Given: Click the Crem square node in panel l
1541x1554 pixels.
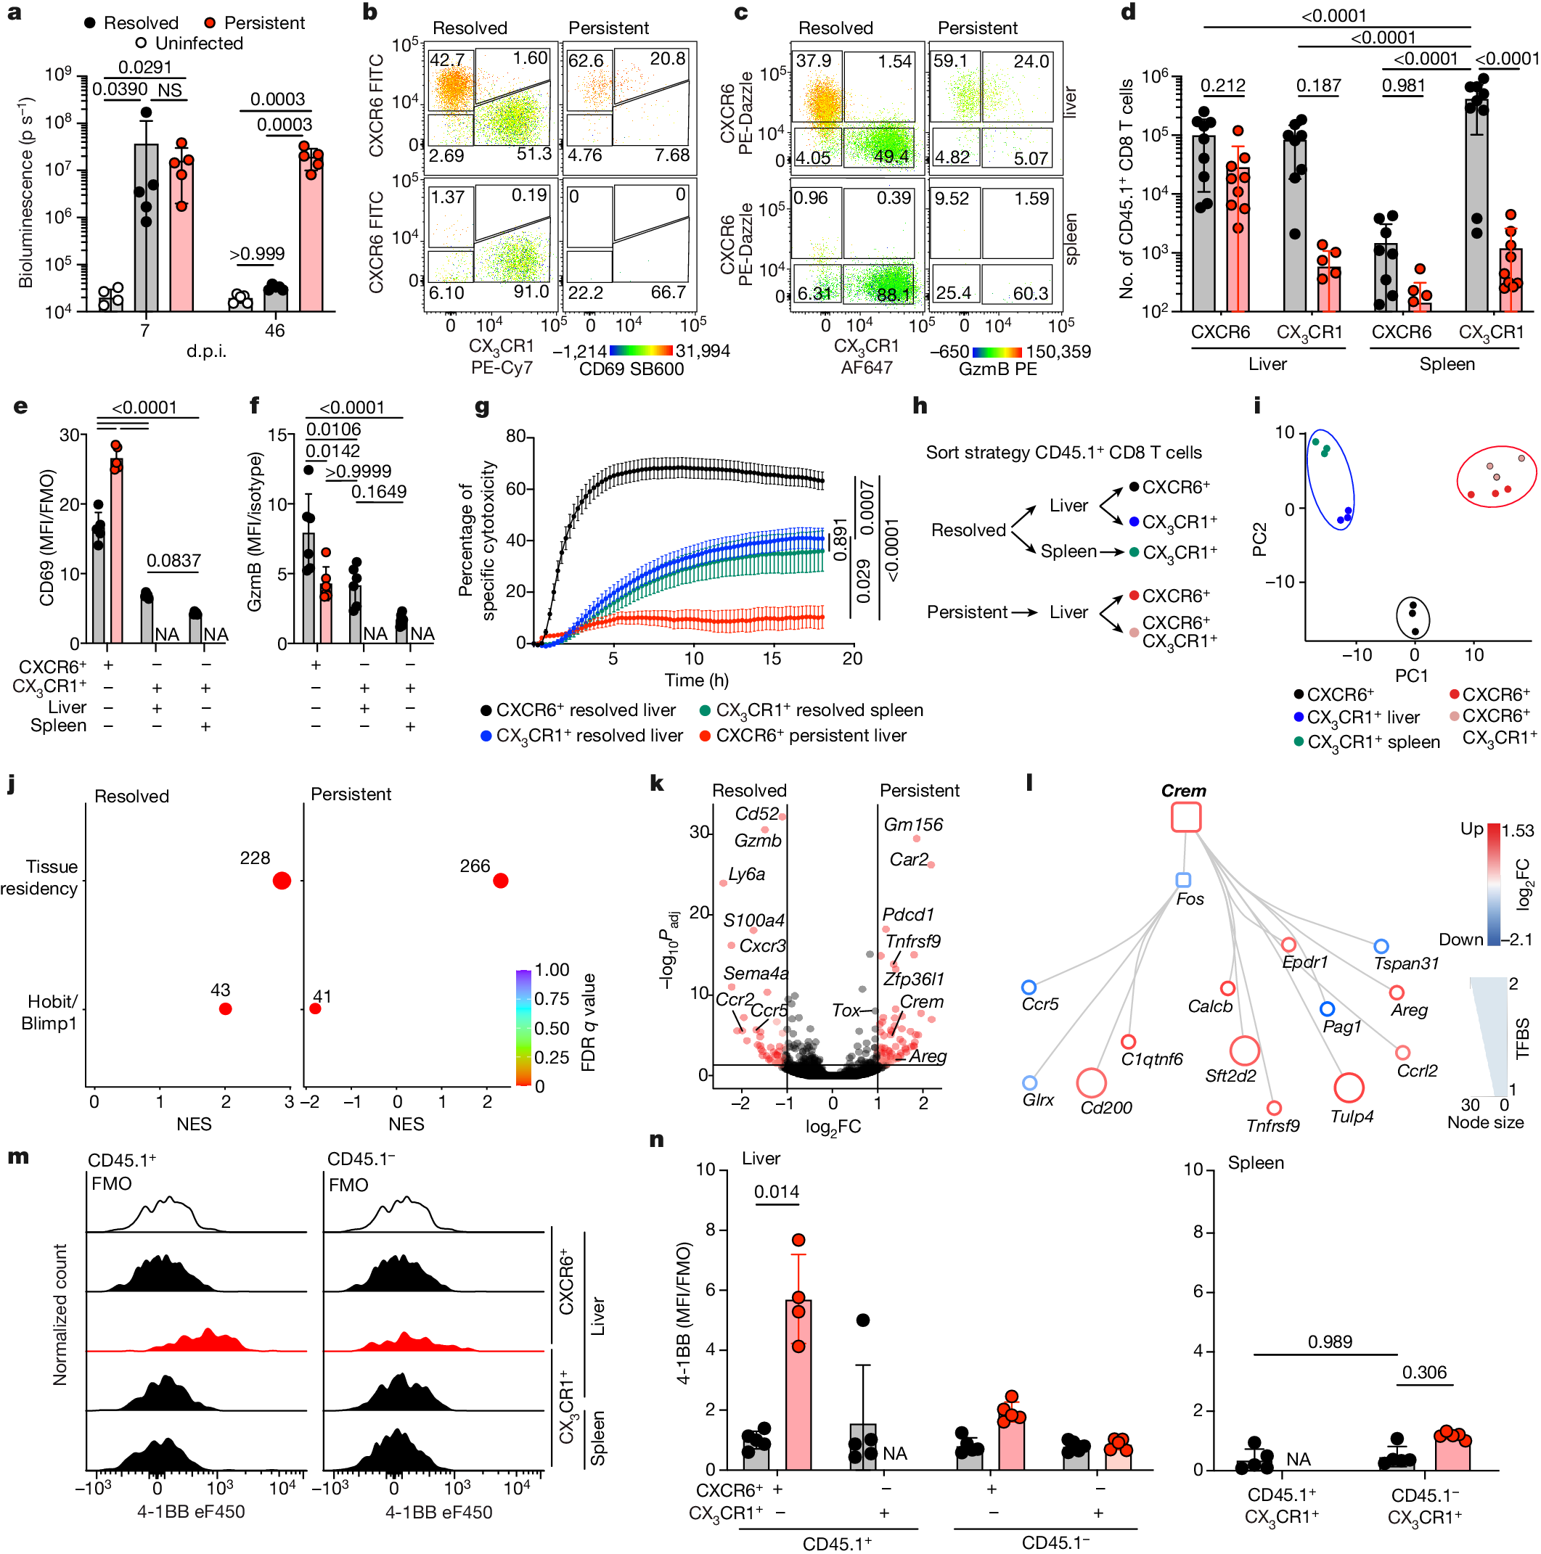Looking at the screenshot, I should coord(1185,816).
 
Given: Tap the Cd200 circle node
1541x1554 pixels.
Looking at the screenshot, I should coord(1090,1082).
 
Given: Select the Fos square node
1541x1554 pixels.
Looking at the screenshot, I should coord(1182,879).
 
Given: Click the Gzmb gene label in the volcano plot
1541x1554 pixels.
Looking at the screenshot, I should coord(757,841).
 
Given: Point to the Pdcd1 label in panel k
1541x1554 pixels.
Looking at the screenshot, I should coord(908,915).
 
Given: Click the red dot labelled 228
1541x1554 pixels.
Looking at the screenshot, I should coord(282,881).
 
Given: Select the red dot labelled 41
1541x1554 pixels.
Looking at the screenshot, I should coord(316,1008).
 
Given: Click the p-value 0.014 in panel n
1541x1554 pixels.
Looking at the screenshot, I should coord(777,1191).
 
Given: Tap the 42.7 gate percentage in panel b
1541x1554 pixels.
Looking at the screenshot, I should coord(446,59).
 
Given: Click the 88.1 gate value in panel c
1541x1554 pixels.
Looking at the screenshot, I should coord(894,295).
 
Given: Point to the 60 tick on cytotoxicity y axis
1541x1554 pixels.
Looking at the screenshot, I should coord(516,488).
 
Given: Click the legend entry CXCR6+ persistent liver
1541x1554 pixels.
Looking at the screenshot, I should coord(810,735).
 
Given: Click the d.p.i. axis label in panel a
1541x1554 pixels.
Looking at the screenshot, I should coord(207,351).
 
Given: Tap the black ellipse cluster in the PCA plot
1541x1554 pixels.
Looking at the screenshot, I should coord(1413,617).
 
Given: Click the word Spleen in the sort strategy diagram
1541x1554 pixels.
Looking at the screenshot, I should coord(1068,551).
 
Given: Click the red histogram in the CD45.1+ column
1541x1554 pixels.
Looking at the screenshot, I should coord(197,1341).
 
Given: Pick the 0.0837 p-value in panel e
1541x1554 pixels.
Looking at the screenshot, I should coord(173,560).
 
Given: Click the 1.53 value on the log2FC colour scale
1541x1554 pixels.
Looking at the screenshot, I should coord(1518,830).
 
